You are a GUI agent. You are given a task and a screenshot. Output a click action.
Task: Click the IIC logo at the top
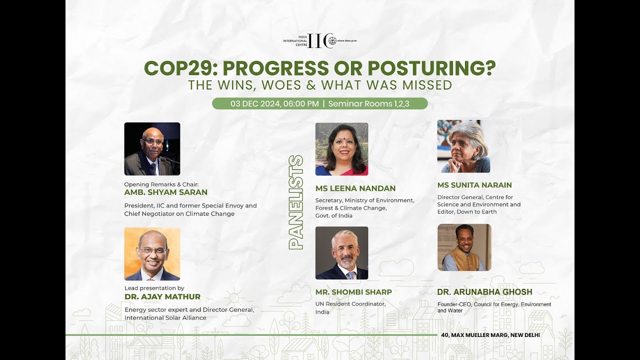[x=320, y=41]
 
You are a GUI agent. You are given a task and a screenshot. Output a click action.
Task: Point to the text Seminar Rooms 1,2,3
[x=368, y=103]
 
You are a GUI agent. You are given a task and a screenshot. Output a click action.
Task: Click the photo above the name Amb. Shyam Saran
[x=152, y=149]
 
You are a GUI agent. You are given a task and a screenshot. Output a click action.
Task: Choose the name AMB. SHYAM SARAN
[x=165, y=192]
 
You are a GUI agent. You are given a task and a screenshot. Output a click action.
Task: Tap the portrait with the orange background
[x=152, y=254]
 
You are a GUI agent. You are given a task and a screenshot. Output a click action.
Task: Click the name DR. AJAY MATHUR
[x=162, y=296]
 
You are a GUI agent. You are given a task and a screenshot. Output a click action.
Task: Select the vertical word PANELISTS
[x=296, y=202]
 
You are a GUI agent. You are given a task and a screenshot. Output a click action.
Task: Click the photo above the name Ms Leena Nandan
[x=341, y=149]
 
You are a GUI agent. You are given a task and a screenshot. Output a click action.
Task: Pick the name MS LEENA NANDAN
[x=355, y=188]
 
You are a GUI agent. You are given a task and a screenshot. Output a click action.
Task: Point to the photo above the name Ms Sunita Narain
[x=463, y=146]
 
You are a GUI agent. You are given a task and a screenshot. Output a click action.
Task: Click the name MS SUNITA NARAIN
[x=474, y=185]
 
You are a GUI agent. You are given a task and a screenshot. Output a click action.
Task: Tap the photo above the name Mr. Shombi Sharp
[x=341, y=253]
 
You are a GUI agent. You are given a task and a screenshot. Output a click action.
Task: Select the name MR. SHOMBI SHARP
[x=353, y=292]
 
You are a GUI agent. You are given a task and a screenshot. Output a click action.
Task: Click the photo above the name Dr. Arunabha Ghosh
[x=464, y=247]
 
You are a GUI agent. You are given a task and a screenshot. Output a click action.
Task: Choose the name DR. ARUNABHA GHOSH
[x=484, y=292]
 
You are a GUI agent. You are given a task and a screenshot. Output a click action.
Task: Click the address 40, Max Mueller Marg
[x=490, y=335]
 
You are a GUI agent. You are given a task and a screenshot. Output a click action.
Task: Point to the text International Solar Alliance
[x=165, y=317]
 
